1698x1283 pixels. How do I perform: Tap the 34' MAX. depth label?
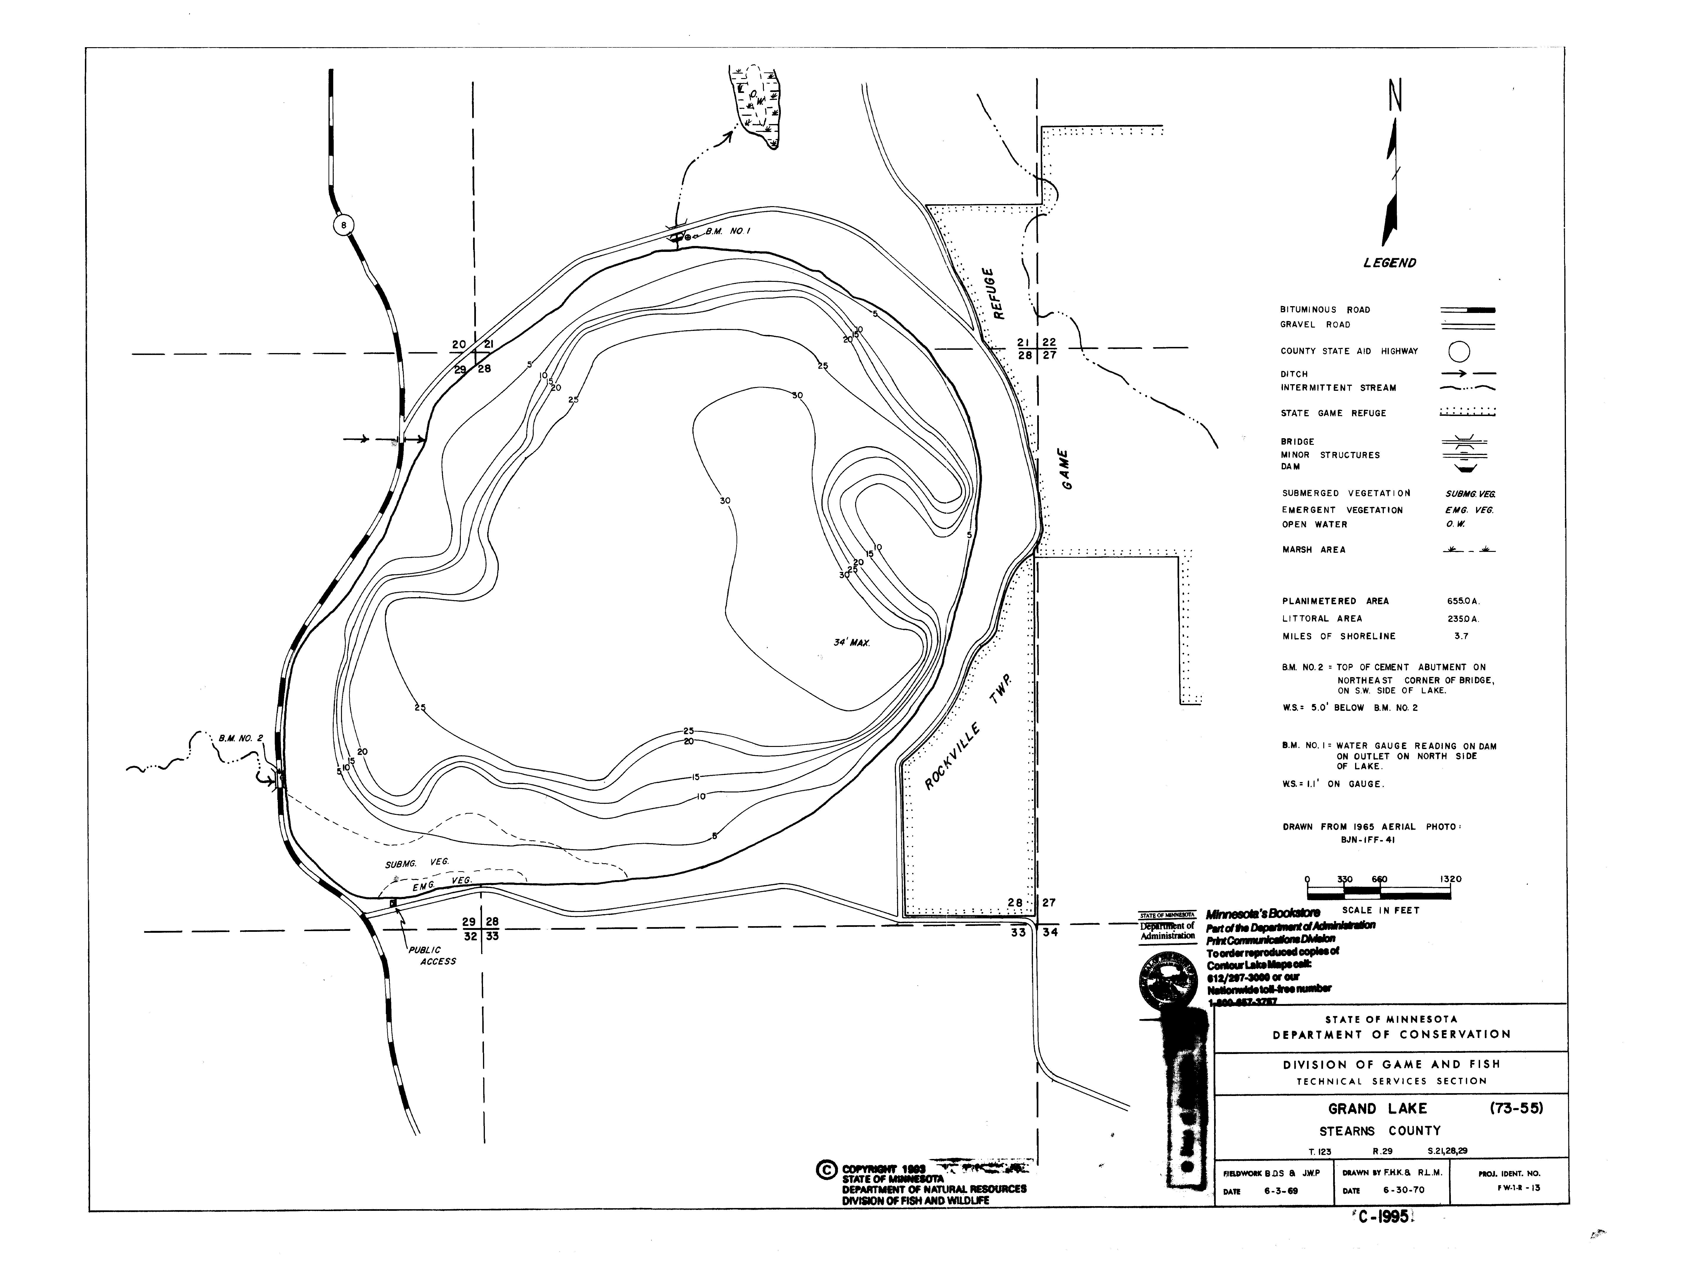(852, 642)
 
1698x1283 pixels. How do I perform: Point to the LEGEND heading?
(1390, 262)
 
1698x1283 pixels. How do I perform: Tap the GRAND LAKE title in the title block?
(1378, 1109)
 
